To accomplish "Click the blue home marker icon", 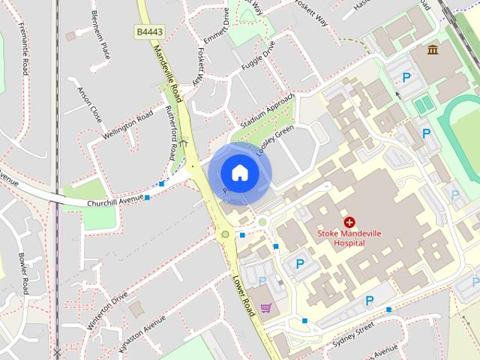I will (x=239, y=173).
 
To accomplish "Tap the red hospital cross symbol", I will (x=349, y=222).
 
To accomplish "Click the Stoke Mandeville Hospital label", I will (x=349, y=238).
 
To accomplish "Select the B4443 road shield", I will (x=151, y=32).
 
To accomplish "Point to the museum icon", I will (x=433, y=50).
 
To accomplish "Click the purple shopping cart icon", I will (x=265, y=307).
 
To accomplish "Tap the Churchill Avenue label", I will (x=115, y=199).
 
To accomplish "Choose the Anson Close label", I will (x=89, y=103).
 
